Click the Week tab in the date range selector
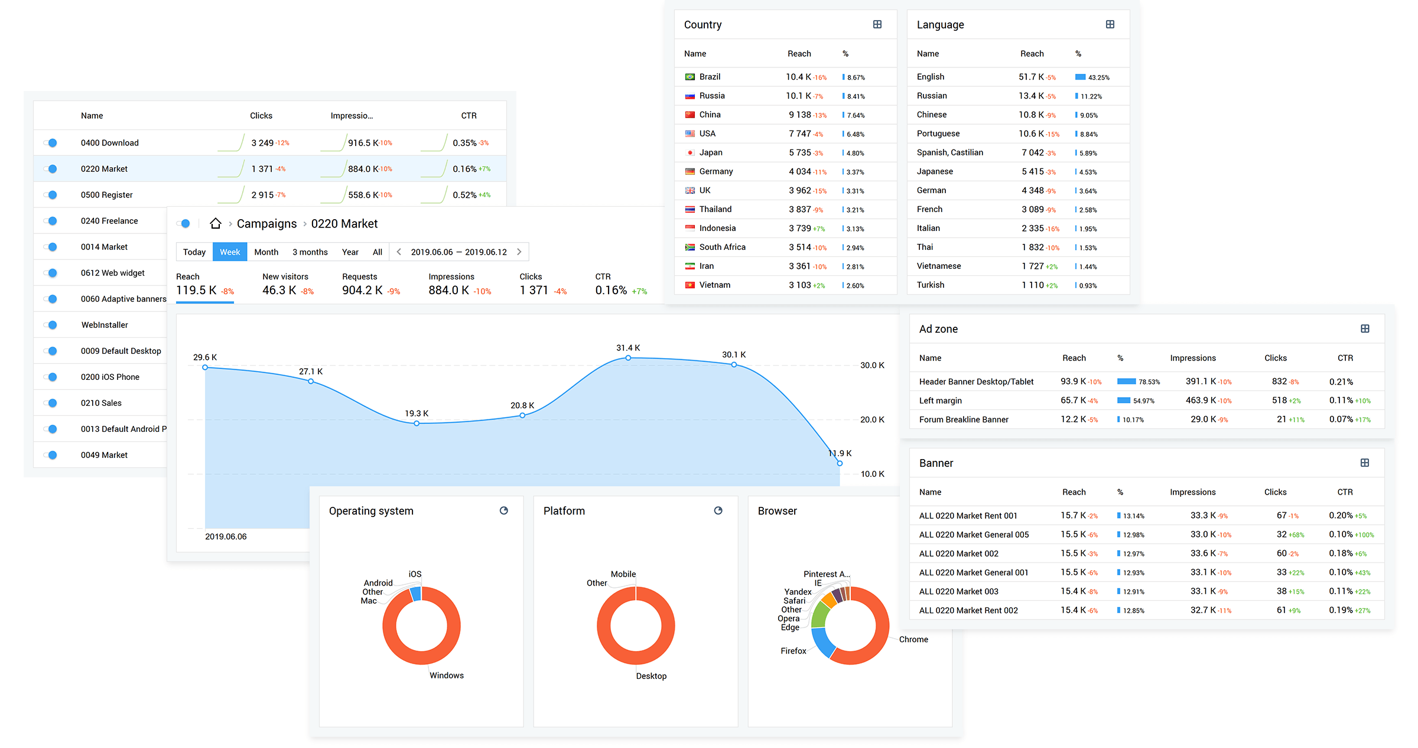pos(230,252)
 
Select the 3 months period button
pos(310,252)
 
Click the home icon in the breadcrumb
pos(216,224)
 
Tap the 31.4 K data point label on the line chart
pos(628,348)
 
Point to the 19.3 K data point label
pos(417,414)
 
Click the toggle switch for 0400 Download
pos(51,143)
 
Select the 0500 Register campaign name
pos(107,195)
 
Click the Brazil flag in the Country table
pos(690,77)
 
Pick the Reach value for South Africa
pos(799,247)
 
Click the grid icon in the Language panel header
pos(1110,25)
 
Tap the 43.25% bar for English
pos(1081,77)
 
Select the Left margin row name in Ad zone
pos(940,401)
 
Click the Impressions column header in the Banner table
pos(1192,492)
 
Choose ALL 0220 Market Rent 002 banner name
pos(968,610)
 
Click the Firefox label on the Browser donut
pos(793,651)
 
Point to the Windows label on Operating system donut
pos(446,675)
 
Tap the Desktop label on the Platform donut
pos(651,676)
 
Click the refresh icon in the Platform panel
pos(718,511)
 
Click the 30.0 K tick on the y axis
pos(872,365)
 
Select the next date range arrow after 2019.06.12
pos(519,252)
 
